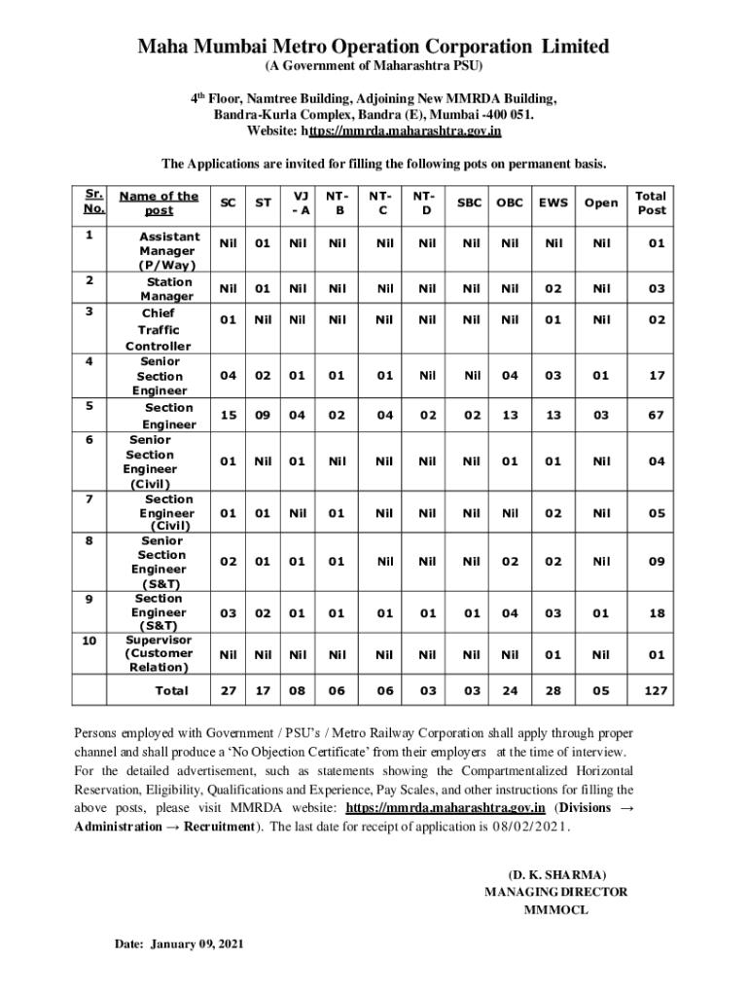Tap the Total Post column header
point(652,203)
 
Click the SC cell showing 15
point(228,416)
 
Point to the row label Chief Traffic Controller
point(159,330)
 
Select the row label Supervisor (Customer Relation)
point(159,653)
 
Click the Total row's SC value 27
point(228,692)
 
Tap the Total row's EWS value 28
point(553,692)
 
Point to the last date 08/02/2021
point(528,827)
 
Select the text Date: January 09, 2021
point(179,944)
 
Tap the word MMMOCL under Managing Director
point(556,910)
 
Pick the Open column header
point(600,203)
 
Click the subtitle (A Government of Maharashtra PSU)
point(374,66)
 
